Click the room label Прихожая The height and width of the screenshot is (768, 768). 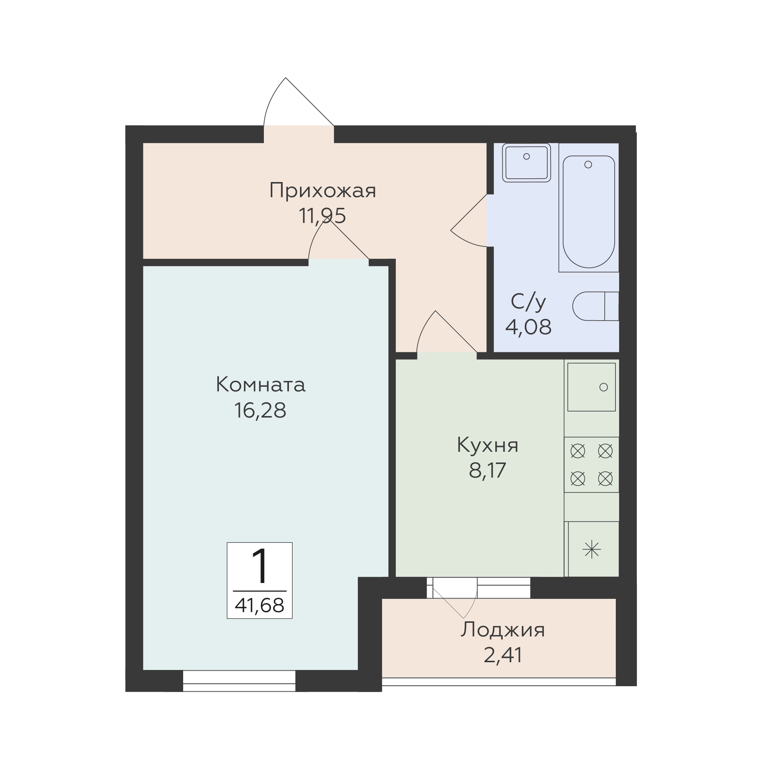click(322, 191)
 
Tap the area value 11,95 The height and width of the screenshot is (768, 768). click(322, 216)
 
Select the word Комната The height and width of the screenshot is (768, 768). click(261, 385)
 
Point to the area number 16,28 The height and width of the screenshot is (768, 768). click(261, 410)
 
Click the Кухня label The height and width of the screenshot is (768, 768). click(487, 445)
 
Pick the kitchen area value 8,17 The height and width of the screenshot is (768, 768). click(487, 470)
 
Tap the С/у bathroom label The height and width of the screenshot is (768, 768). click(529, 302)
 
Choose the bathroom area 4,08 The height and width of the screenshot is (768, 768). click(529, 327)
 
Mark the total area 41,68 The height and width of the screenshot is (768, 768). click(259, 605)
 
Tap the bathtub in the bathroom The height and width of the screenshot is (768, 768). click(589, 212)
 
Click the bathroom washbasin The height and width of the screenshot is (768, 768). click(526, 163)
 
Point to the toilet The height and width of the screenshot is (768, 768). click(596, 306)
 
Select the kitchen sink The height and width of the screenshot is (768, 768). click(591, 387)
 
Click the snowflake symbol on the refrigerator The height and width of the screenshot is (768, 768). click(591, 550)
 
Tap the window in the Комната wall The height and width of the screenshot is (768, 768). click(239, 681)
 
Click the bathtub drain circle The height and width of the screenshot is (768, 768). click(588, 164)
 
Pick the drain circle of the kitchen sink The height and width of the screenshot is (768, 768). click(603, 387)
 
